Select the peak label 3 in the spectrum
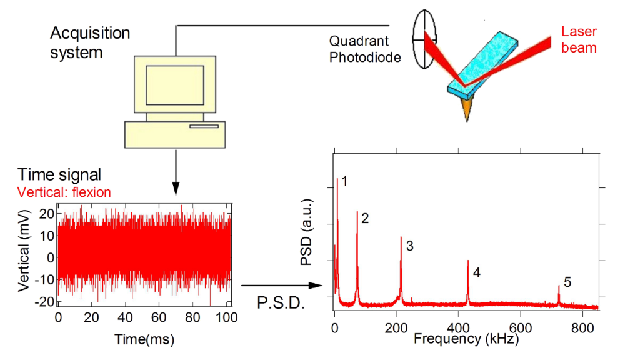(410, 246)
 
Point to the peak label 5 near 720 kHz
(567, 282)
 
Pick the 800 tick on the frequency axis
(582, 329)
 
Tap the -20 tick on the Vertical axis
(44, 301)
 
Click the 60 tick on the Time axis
(160, 318)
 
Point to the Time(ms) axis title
(144, 339)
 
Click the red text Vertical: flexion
(64, 192)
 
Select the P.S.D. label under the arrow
(281, 303)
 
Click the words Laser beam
(579, 39)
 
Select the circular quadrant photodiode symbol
(424, 38)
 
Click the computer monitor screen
(174, 84)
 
